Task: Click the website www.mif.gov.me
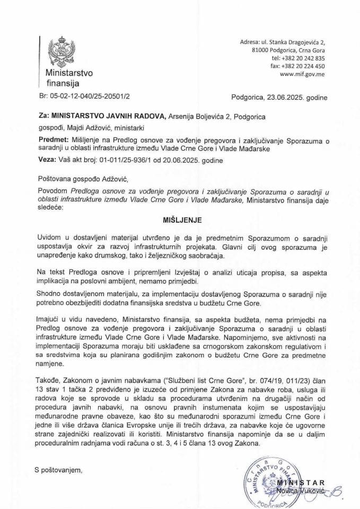[x=303, y=75]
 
